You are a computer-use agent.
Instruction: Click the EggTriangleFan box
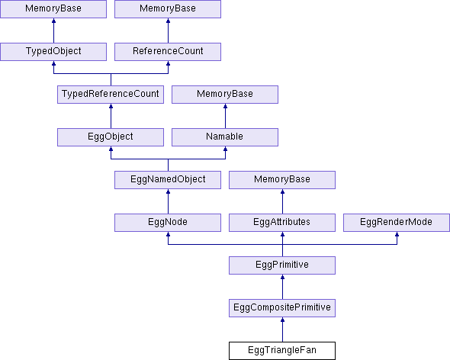click(x=282, y=351)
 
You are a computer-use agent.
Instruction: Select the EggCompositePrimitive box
click(x=282, y=308)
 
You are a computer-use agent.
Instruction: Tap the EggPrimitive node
click(x=282, y=265)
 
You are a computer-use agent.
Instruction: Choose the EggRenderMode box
click(x=397, y=223)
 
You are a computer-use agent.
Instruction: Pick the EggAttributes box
click(x=282, y=223)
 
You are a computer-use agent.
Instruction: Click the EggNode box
click(x=168, y=223)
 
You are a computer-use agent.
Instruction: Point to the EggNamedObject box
click(x=168, y=180)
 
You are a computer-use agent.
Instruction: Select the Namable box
click(x=225, y=137)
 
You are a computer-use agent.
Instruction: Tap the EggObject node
click(x=111, y=137)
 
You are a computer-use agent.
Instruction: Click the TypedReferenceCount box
click(x=111, y=95)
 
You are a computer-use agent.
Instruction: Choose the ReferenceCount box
click(x=168, y=52)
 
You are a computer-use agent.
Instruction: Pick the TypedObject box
click(x=53, y=52)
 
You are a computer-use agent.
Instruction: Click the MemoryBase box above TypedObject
click(x=53, y=9)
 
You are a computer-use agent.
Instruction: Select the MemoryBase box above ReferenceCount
click(x=168, y=9)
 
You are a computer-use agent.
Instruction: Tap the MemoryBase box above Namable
click(x=225, y=95)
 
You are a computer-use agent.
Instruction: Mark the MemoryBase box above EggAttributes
click(x=282, y=180)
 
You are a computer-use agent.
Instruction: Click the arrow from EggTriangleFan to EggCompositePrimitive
click(x=282, y=329)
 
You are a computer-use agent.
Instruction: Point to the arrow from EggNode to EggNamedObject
click(x=168, y=201)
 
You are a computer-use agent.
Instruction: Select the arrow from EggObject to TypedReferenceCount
click(x=111, y=116)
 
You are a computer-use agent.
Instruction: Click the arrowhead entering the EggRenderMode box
click(x=397, y=234)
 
